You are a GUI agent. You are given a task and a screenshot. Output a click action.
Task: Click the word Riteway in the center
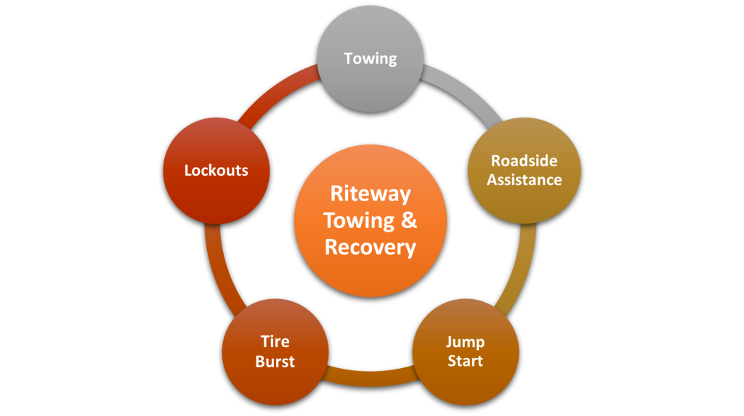[x=371, y=194]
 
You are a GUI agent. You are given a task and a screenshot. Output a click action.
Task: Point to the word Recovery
[x=371, y=248]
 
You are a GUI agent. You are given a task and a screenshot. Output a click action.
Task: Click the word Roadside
[x=524, y=160]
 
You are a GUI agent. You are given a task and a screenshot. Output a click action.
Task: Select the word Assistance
[x=524, y=179]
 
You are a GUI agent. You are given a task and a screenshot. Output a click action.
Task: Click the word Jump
[x=466, y=341]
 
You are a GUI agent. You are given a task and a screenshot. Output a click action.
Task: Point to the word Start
[x=466, y=360]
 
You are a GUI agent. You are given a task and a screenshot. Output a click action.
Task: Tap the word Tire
[x=275, y=341]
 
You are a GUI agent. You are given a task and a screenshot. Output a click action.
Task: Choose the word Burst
[x=275, y=361]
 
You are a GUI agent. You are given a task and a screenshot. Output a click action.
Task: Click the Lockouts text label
[x=216, y=171]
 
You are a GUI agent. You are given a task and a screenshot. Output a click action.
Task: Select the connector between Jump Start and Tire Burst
[x=371, y=376]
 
